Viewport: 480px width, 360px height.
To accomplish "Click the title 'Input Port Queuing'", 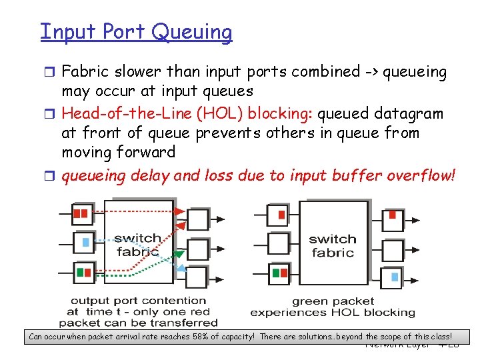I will [x=136, y=31].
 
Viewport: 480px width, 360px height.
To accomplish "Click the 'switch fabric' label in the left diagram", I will [x=138, y=245].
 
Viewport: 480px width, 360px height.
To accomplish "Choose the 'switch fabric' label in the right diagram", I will [x=333, y=245].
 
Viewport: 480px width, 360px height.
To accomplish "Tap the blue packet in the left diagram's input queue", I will [x=85, y=242].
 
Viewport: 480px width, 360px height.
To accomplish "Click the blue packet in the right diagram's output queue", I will [x=395, y=276].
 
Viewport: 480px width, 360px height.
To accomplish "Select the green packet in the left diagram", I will [x=81, y=272].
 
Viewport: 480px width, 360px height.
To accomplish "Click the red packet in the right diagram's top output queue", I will [x=393, y=215].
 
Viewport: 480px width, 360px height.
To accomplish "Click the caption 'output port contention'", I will [x=139, y=301].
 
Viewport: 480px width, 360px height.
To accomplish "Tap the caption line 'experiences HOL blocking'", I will [x=333, y=312].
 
